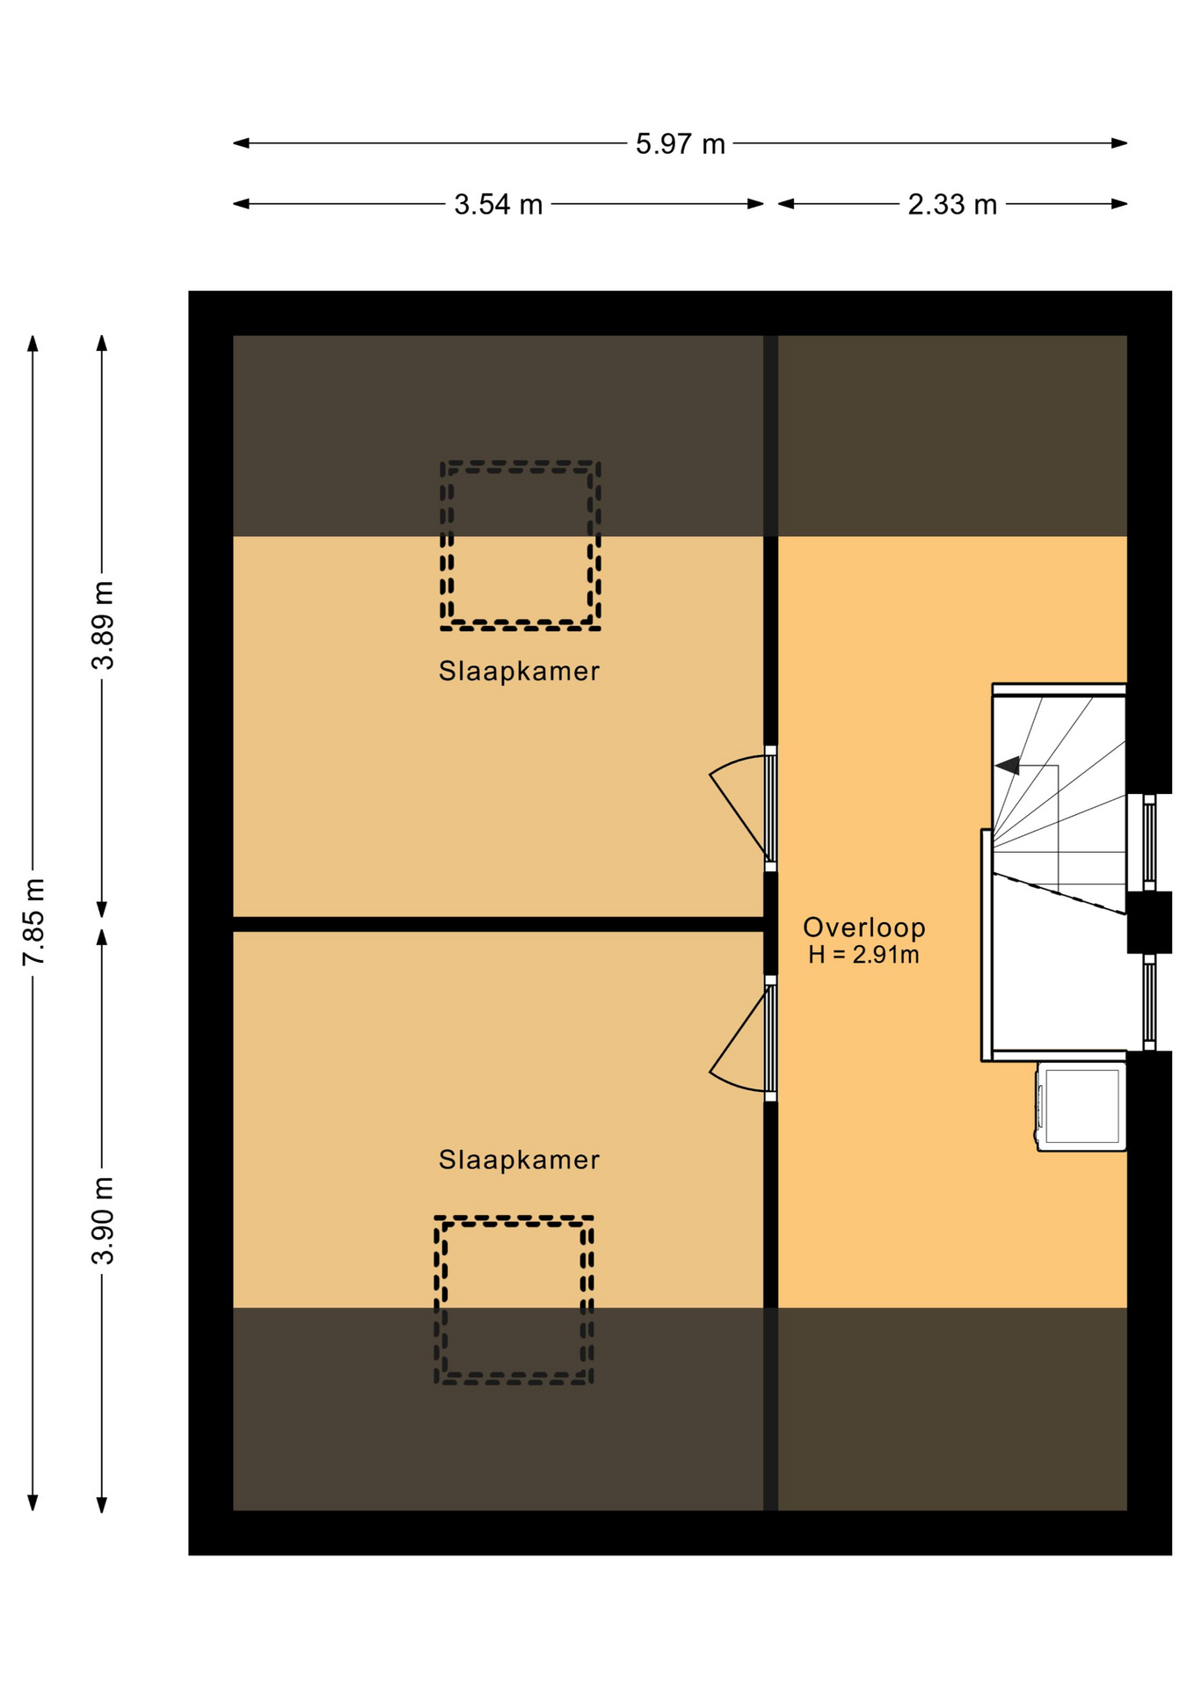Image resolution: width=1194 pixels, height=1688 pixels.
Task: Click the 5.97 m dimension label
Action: tap(680, 143)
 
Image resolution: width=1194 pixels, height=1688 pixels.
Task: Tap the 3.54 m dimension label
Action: tap(498, 204)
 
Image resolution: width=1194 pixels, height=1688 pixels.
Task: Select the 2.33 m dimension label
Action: tap(952, 204)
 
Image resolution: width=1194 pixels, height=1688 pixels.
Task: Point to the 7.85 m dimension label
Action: tap(33, 921)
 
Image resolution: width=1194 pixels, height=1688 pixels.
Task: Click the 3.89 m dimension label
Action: tap(103, 625)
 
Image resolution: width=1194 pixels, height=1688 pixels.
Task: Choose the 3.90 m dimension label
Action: tap(103, 1220)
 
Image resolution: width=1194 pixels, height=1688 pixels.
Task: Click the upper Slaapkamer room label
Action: tap(519, 671)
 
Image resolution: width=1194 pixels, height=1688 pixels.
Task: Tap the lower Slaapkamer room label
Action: tap(519, 1160)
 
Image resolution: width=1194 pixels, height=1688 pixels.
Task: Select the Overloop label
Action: tap(864, 927)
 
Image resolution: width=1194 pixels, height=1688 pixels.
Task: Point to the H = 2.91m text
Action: tap(864, 955)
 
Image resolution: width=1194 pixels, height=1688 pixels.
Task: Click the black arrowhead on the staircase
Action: tap(1008, 766)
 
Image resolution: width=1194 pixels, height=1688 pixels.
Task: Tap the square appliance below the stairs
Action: tap(1081, 1106)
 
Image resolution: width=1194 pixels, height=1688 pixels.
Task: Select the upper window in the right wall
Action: tap(1149, 842)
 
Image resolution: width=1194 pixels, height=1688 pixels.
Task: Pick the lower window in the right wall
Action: tap(1149, 1002)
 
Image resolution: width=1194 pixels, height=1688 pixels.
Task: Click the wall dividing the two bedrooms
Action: tap(498, 924)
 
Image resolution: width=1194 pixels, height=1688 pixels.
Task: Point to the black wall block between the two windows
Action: tap(1149, 922)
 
